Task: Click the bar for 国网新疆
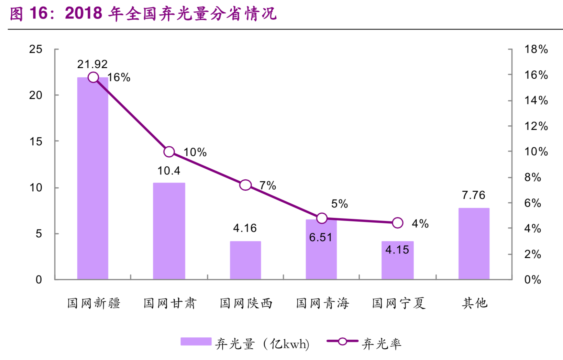click(92, 179)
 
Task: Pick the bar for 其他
click(474, 244)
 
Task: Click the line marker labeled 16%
click(93, 77)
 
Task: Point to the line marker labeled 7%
click(245, 185)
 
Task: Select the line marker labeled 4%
click(398, 223)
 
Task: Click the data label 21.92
click(92, 64)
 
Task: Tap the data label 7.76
click(473, 195)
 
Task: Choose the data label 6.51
click(321, 237)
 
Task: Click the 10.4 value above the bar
click(168, 171)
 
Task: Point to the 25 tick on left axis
click(36, 49)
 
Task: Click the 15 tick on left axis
click(36, 142)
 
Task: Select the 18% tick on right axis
click(536, 49)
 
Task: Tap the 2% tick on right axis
click(532, 254)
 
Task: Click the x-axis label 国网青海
click(322, 303)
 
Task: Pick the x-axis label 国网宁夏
click(399, 303)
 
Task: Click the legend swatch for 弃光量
click(196, 341)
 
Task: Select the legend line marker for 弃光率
click(342, 341)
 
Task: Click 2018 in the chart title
click(84, 14)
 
